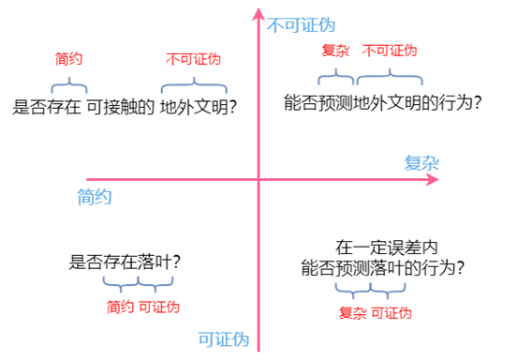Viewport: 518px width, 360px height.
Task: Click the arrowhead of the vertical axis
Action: (x=259, y=14)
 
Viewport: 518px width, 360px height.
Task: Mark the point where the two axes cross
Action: (x=259, y=179)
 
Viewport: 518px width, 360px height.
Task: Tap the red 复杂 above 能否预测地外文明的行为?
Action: (x=335, y=50)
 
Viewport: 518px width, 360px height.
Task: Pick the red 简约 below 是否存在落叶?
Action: (x=121, y=307)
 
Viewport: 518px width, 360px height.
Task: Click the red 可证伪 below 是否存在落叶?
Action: (x=159, y=307)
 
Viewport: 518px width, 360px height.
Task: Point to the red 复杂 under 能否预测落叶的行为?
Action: (x=351, y=312)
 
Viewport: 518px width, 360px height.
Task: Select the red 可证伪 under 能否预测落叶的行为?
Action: (x=392, y=312)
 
